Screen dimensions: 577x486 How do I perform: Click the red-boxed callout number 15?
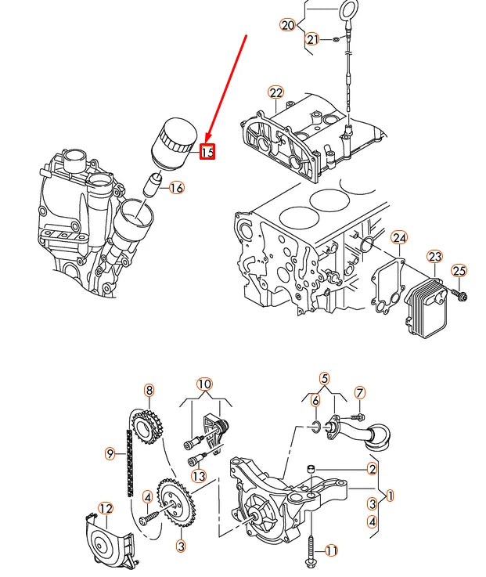pyautogui.click(x=207, y=152)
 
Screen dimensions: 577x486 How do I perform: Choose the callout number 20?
pyautogui.click(x=287, y=25)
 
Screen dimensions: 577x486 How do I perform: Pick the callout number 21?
pyautogui.click(x=312, y=39)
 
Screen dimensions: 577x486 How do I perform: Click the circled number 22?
pyautogui.click(x=275, y=93)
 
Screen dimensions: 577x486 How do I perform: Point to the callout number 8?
pyautogui.click(x=148, y=390)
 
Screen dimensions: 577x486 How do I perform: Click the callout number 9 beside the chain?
pyautogui.click(x=110, y=453)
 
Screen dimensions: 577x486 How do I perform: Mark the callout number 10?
pyautogui.click(x=204, y=384)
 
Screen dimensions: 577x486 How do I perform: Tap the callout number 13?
pyautogui.click(x=199, y=476)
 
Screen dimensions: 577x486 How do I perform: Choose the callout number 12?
pyautogui.click(x=106, y=509)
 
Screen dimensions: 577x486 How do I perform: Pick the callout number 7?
pyautogui.click(x=360, y=392)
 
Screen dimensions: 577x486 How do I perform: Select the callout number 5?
pyautogui.click(x=325, y=379)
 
